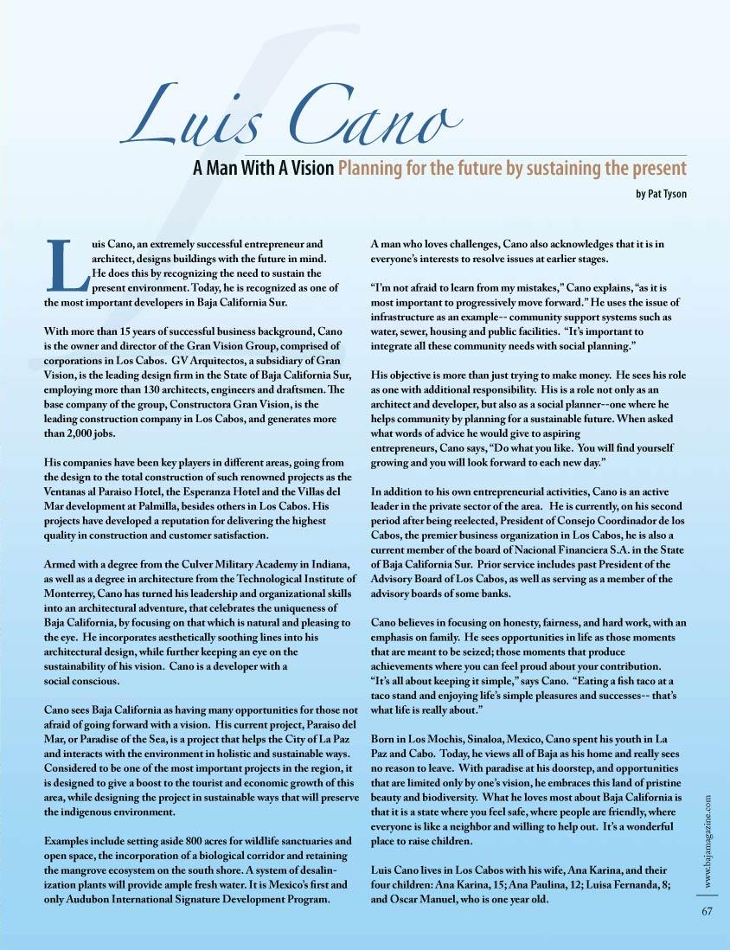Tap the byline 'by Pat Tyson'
point(661,194)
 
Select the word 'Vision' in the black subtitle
point(311,168)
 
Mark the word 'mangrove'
point(92,870)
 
